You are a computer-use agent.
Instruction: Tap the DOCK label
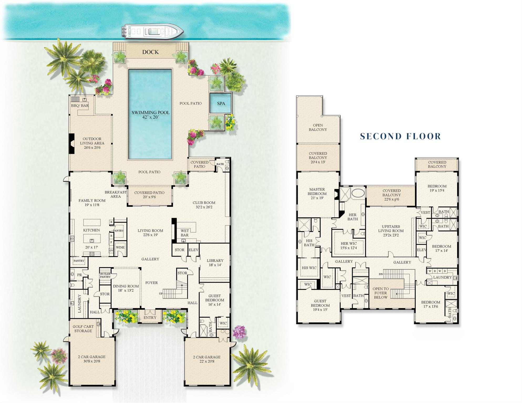[x=151, y=52]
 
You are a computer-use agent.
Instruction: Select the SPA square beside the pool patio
[x=221, y=103]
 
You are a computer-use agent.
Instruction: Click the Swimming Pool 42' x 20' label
[x=151, y=115]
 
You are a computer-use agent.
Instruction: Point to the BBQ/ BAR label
[x=80, y=106]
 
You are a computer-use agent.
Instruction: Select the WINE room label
[x=120, y=247]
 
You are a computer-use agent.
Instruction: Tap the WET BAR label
[x=185, y=233]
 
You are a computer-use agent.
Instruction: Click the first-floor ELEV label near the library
[x=194, y=250]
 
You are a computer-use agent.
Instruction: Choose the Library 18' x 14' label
[x=215, y=263]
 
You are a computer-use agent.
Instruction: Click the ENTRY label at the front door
[x=150, y=318]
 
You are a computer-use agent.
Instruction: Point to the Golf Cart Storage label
[x=83, y=329]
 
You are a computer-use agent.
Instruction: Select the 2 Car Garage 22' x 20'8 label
[x=207, y=359]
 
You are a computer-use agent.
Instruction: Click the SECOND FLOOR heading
[x=400, y=136]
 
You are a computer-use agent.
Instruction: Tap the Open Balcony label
[x=318, y=127]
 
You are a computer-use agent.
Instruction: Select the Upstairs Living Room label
[x=391, y=231]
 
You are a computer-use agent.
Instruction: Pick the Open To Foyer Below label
[x=381, y=293]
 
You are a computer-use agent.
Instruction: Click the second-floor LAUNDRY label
[x=442, y=277]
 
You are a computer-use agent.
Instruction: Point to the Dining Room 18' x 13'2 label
[x=126, y=288]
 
